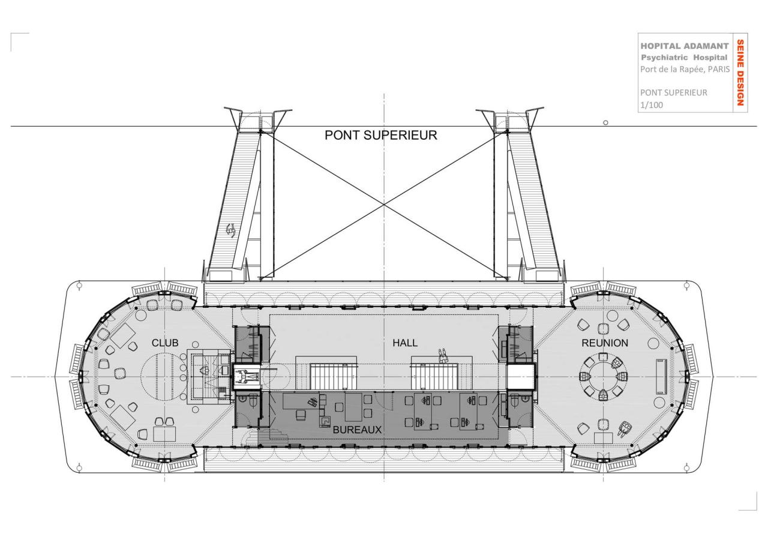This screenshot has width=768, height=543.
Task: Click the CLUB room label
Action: click(x=165, y=343)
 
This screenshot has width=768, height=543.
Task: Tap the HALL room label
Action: click(x=405, y=343)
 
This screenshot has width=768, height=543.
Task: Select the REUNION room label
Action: click(x=605, y=343)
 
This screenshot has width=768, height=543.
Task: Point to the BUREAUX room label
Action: click(x=357, y=430)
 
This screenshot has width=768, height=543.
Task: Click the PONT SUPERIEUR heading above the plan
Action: click(x=381, y=136)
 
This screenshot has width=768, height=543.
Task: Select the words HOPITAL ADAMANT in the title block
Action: click(x=684, y=46)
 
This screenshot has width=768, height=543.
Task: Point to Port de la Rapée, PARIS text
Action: click(x=684, y=69)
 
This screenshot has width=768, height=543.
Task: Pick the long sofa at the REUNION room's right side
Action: click(x=661, y=376)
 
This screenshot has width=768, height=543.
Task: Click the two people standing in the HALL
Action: click(x=444, y=356)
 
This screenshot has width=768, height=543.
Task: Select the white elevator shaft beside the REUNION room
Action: click(x=521, y=377)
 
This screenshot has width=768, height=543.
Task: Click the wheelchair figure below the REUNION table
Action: click(x=625, y=428)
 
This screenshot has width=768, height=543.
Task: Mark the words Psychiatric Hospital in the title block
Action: click(x=684, y=58)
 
